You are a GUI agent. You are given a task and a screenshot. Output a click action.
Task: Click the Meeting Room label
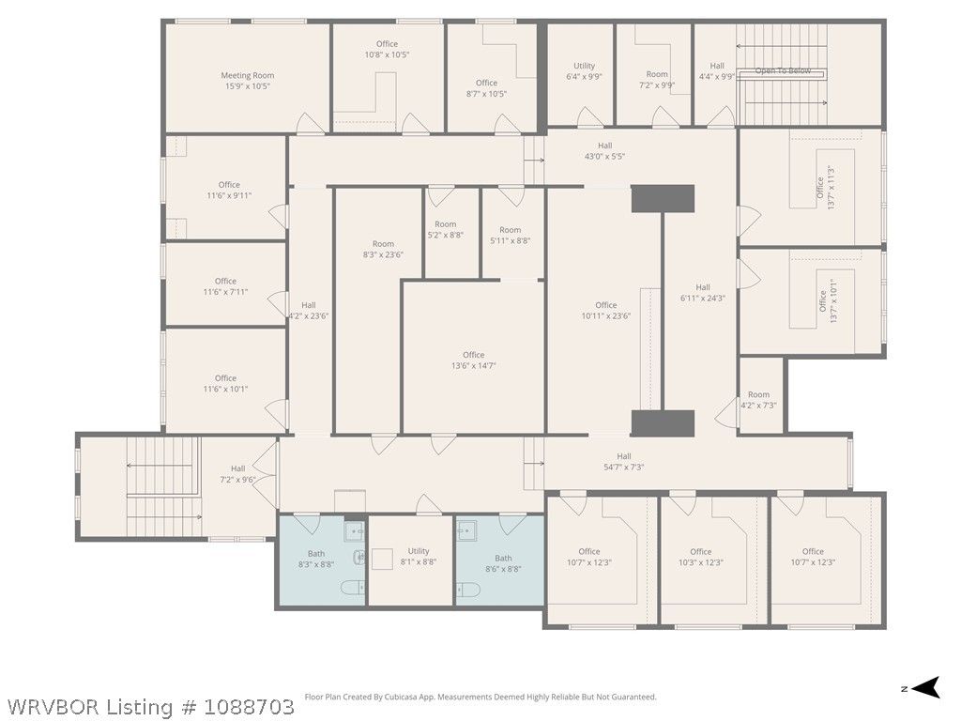click(248, 81)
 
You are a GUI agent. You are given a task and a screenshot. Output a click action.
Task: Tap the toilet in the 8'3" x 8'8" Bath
click(354, 588)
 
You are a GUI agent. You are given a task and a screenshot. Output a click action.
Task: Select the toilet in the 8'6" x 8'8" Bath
click(468, 591)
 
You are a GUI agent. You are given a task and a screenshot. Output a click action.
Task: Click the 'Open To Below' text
click(783, 71)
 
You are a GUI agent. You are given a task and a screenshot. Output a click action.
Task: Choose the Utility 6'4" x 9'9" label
click(584, 71)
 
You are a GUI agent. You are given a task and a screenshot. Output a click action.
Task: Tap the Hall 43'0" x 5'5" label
click(604, 151)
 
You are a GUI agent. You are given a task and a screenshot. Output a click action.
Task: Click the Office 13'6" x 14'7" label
click(474, 360)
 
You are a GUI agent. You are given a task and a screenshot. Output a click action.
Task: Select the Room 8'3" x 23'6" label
click(383, 249)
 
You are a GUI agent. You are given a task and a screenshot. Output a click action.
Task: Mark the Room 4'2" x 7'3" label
click(758, 400)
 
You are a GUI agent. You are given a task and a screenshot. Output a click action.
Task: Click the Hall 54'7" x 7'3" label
click(624, 461)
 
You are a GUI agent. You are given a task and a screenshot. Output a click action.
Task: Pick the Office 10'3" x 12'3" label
click(700, 557)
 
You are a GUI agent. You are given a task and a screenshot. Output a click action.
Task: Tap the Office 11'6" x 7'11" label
click(225, 286)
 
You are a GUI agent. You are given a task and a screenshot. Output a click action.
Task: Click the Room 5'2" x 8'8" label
click(446, 229)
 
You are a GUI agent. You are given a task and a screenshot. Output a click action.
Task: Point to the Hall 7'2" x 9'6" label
click(237, 474)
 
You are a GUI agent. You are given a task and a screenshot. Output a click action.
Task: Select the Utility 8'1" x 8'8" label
click(419, 556)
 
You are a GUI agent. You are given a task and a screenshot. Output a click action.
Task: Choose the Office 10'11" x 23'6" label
click(606, 310)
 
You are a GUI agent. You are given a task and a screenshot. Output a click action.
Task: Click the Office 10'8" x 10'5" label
click(387, 49)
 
